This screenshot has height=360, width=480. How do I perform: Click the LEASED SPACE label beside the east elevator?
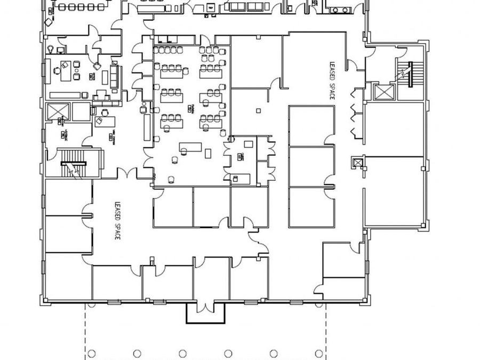click(x=332, y=80)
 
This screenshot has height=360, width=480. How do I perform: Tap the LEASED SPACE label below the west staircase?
click(x=117, y=220)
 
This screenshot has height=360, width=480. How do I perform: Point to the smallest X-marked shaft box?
click(x=357, y=161)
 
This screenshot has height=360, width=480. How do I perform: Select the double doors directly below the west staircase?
click(x=127, y=173)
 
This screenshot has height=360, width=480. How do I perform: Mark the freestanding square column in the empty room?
click(x=258, y=110)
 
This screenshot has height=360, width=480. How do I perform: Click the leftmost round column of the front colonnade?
click(x=91, y=353)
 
